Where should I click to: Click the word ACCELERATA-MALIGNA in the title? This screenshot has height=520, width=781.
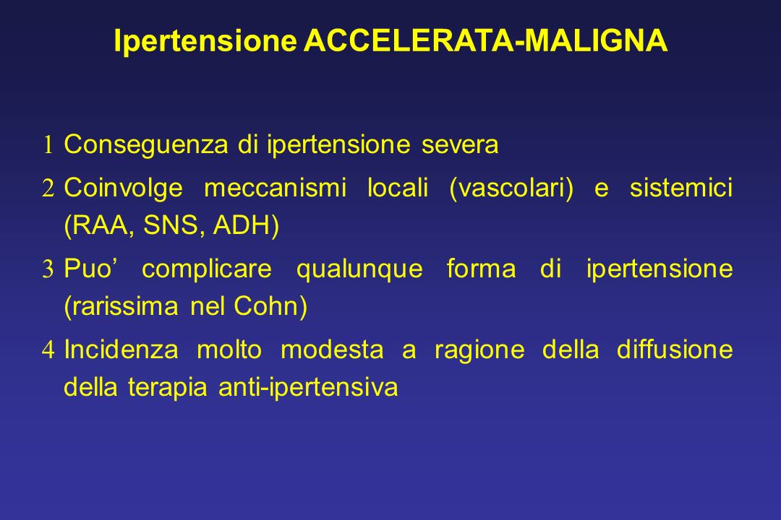tap(486, 40)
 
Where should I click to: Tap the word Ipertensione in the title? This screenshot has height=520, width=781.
tap(205, 41)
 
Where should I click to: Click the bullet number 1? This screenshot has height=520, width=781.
tap(48, 145)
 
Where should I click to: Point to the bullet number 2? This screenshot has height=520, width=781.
tap(48, 188)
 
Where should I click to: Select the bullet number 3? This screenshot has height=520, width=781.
tap(48, 269)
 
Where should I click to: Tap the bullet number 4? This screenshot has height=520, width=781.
tap(48, 350)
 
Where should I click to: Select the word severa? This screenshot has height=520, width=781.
tap(460, 145)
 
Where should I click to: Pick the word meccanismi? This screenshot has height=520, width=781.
tap(275, 188)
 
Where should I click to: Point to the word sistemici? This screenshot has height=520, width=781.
tap(681, 188)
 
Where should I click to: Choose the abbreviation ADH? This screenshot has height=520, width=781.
tap(240, 225)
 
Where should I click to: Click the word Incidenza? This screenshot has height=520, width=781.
tap(121, 350)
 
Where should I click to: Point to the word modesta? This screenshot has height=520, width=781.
tap(332, 350)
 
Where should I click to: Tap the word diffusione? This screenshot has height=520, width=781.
tap(675, 350)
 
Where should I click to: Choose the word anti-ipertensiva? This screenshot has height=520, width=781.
tap(308, 388)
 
